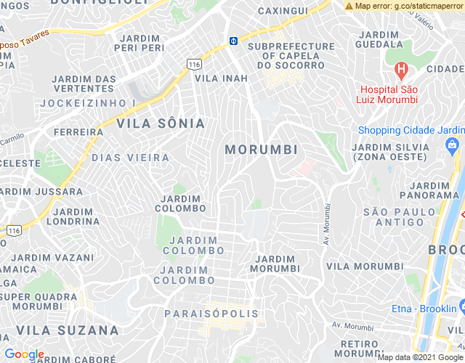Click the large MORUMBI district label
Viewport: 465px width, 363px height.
click(x=262, y=150)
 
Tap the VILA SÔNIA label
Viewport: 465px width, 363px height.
click(x=161, y=123)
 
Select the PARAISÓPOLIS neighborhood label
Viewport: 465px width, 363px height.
click(x=211, y=314)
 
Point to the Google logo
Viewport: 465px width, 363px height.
click(x=24, y=354)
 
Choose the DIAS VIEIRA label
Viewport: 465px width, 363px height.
click(x=131, y=158)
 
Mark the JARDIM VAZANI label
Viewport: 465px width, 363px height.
click(x=52, y=258)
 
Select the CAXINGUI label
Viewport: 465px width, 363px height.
click(x=283, y=11)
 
